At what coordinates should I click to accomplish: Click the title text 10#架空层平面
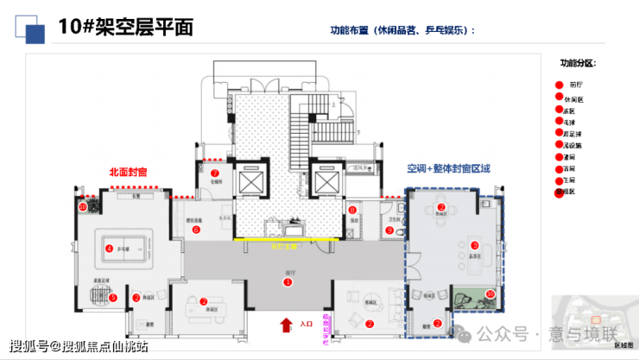pyautogui.click(x=125, y=27)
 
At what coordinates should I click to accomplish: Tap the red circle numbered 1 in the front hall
pyautogui.click(x=288, y=282)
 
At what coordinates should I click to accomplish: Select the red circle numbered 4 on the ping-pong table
pyautogui.click(x=109, y=249)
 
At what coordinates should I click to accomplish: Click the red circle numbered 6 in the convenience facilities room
pyautogui.click(x=196, y=230)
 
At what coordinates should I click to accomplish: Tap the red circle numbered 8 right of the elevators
pyautogui.click(x=352, y=210)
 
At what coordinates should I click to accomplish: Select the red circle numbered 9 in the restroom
pyautogui.click(x=389, y=231)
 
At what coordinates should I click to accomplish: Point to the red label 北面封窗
pyautogui.click(x=127, y=172)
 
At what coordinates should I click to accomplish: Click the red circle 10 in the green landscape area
pyautogui.click(x=490, y=294)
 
